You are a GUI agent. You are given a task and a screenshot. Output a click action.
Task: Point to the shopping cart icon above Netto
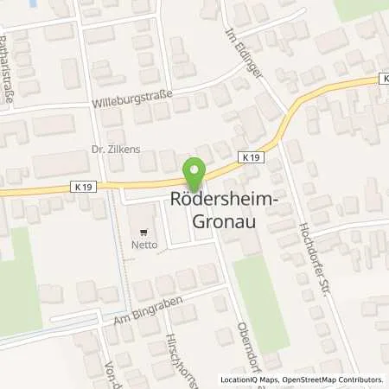[143, 232]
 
